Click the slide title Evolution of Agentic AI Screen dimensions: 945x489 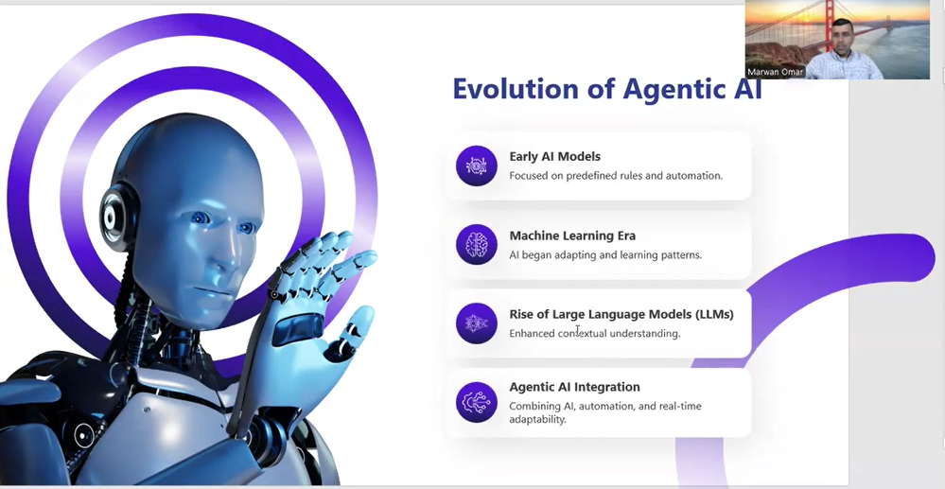click(607, 89)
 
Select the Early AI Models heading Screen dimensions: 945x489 click(554, 157)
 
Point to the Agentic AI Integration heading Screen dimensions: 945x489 click(574, 387)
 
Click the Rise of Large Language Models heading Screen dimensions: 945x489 click(621, 314)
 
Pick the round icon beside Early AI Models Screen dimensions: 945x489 click(477, 166)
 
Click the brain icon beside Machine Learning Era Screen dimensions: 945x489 click(477, 244)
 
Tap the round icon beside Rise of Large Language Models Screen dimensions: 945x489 click(477, 323)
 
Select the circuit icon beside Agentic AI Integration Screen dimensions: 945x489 click(477, 402)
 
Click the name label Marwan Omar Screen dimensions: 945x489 click(775, 72)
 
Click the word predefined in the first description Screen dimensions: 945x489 click(590, 176)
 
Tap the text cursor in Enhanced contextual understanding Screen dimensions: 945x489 click(577, 330)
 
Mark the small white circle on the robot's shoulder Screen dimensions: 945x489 click(84, 435)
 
